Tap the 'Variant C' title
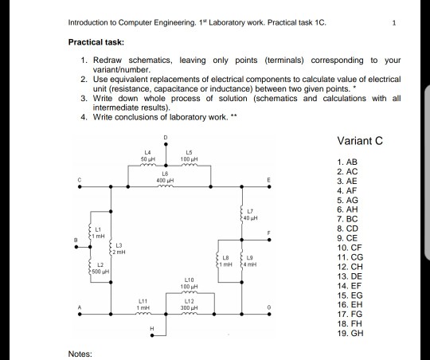coord(362,142)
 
